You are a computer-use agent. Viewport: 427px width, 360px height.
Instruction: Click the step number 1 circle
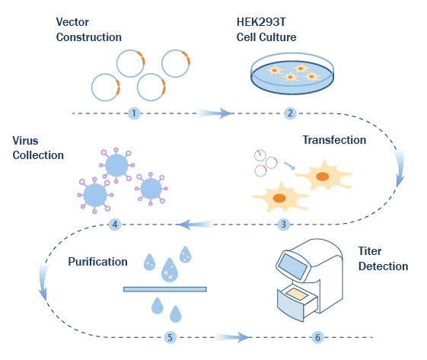[134, 113]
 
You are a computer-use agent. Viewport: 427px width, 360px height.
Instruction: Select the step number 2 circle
[290, 113]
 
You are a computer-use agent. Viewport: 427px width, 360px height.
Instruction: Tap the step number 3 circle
[284, 225]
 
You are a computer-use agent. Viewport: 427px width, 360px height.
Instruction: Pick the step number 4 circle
[115, 225]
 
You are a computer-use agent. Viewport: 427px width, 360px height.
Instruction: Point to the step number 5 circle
[170, 336]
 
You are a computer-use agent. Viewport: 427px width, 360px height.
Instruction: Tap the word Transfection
[334, 140]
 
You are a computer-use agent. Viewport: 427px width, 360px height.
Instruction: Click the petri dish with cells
[293, 74]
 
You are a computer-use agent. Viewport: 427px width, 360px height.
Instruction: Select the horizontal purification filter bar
[165, 289]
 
